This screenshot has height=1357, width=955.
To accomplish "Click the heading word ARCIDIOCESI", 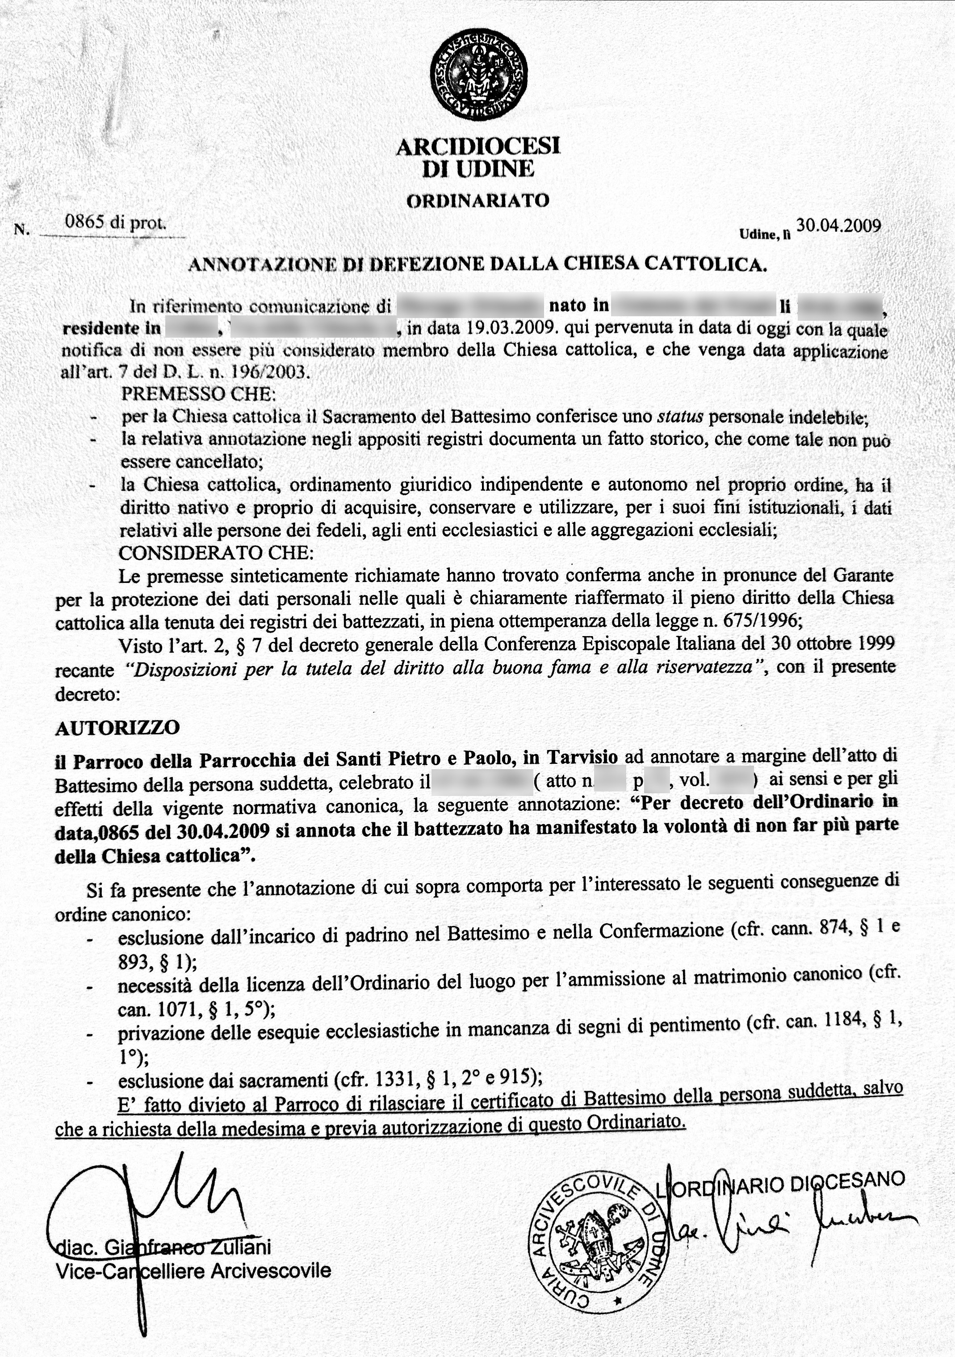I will [x=477, y=147].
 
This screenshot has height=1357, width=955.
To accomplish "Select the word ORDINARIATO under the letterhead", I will [x=477, y=201].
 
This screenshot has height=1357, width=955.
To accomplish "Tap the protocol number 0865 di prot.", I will [x=116, y=223].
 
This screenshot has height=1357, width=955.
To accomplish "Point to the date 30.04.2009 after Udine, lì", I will [x=838, y=226].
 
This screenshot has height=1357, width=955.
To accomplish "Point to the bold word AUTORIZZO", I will [x=117, y=728].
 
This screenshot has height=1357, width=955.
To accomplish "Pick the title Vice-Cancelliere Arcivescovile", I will [x=193, y=1271].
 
